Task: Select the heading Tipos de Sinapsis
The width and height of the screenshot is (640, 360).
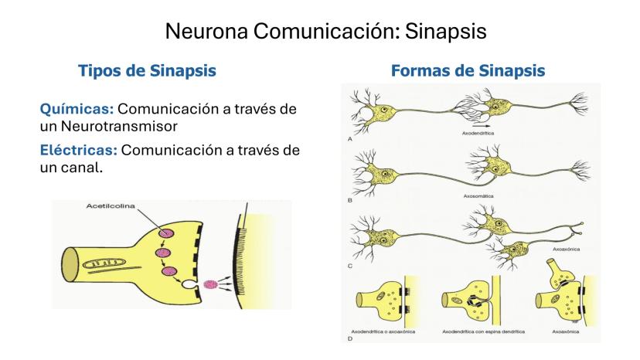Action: click(146, 71)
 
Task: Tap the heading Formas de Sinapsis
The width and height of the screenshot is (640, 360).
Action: click(468, 71)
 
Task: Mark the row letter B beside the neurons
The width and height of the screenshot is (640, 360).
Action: click(350, 199)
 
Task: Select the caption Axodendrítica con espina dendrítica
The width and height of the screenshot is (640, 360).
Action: click(483, 331)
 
